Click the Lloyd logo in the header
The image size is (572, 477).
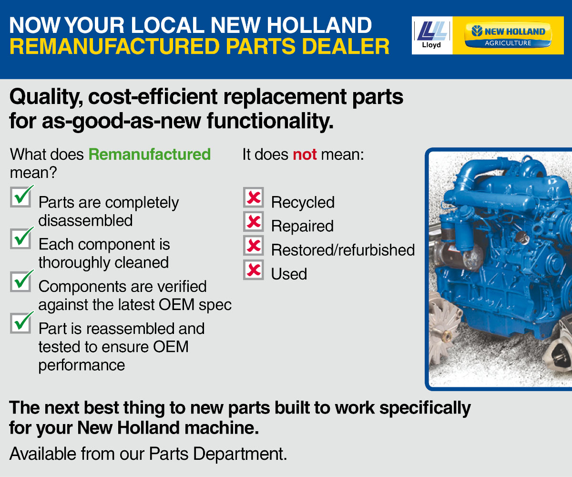tap(432, 35)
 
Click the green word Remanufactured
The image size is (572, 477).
tap(150, 155)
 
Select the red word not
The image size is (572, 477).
tap(305, 155)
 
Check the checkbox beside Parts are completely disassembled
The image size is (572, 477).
tap(20, 197)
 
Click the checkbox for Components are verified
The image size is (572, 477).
tap(20, 281)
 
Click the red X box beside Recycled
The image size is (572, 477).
tap(254, 197)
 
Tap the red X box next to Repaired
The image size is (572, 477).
tap(254, 221)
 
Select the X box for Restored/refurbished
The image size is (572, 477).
tap(254, 245)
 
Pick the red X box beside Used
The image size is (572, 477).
tap(254, 270)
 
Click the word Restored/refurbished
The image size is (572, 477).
tap(343, 250)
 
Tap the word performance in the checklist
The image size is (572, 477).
tap(82, 366)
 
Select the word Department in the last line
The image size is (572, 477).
tap(240, 454)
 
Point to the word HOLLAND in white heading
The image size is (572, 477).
tap(319, 25)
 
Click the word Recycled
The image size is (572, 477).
tap(303, 203)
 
